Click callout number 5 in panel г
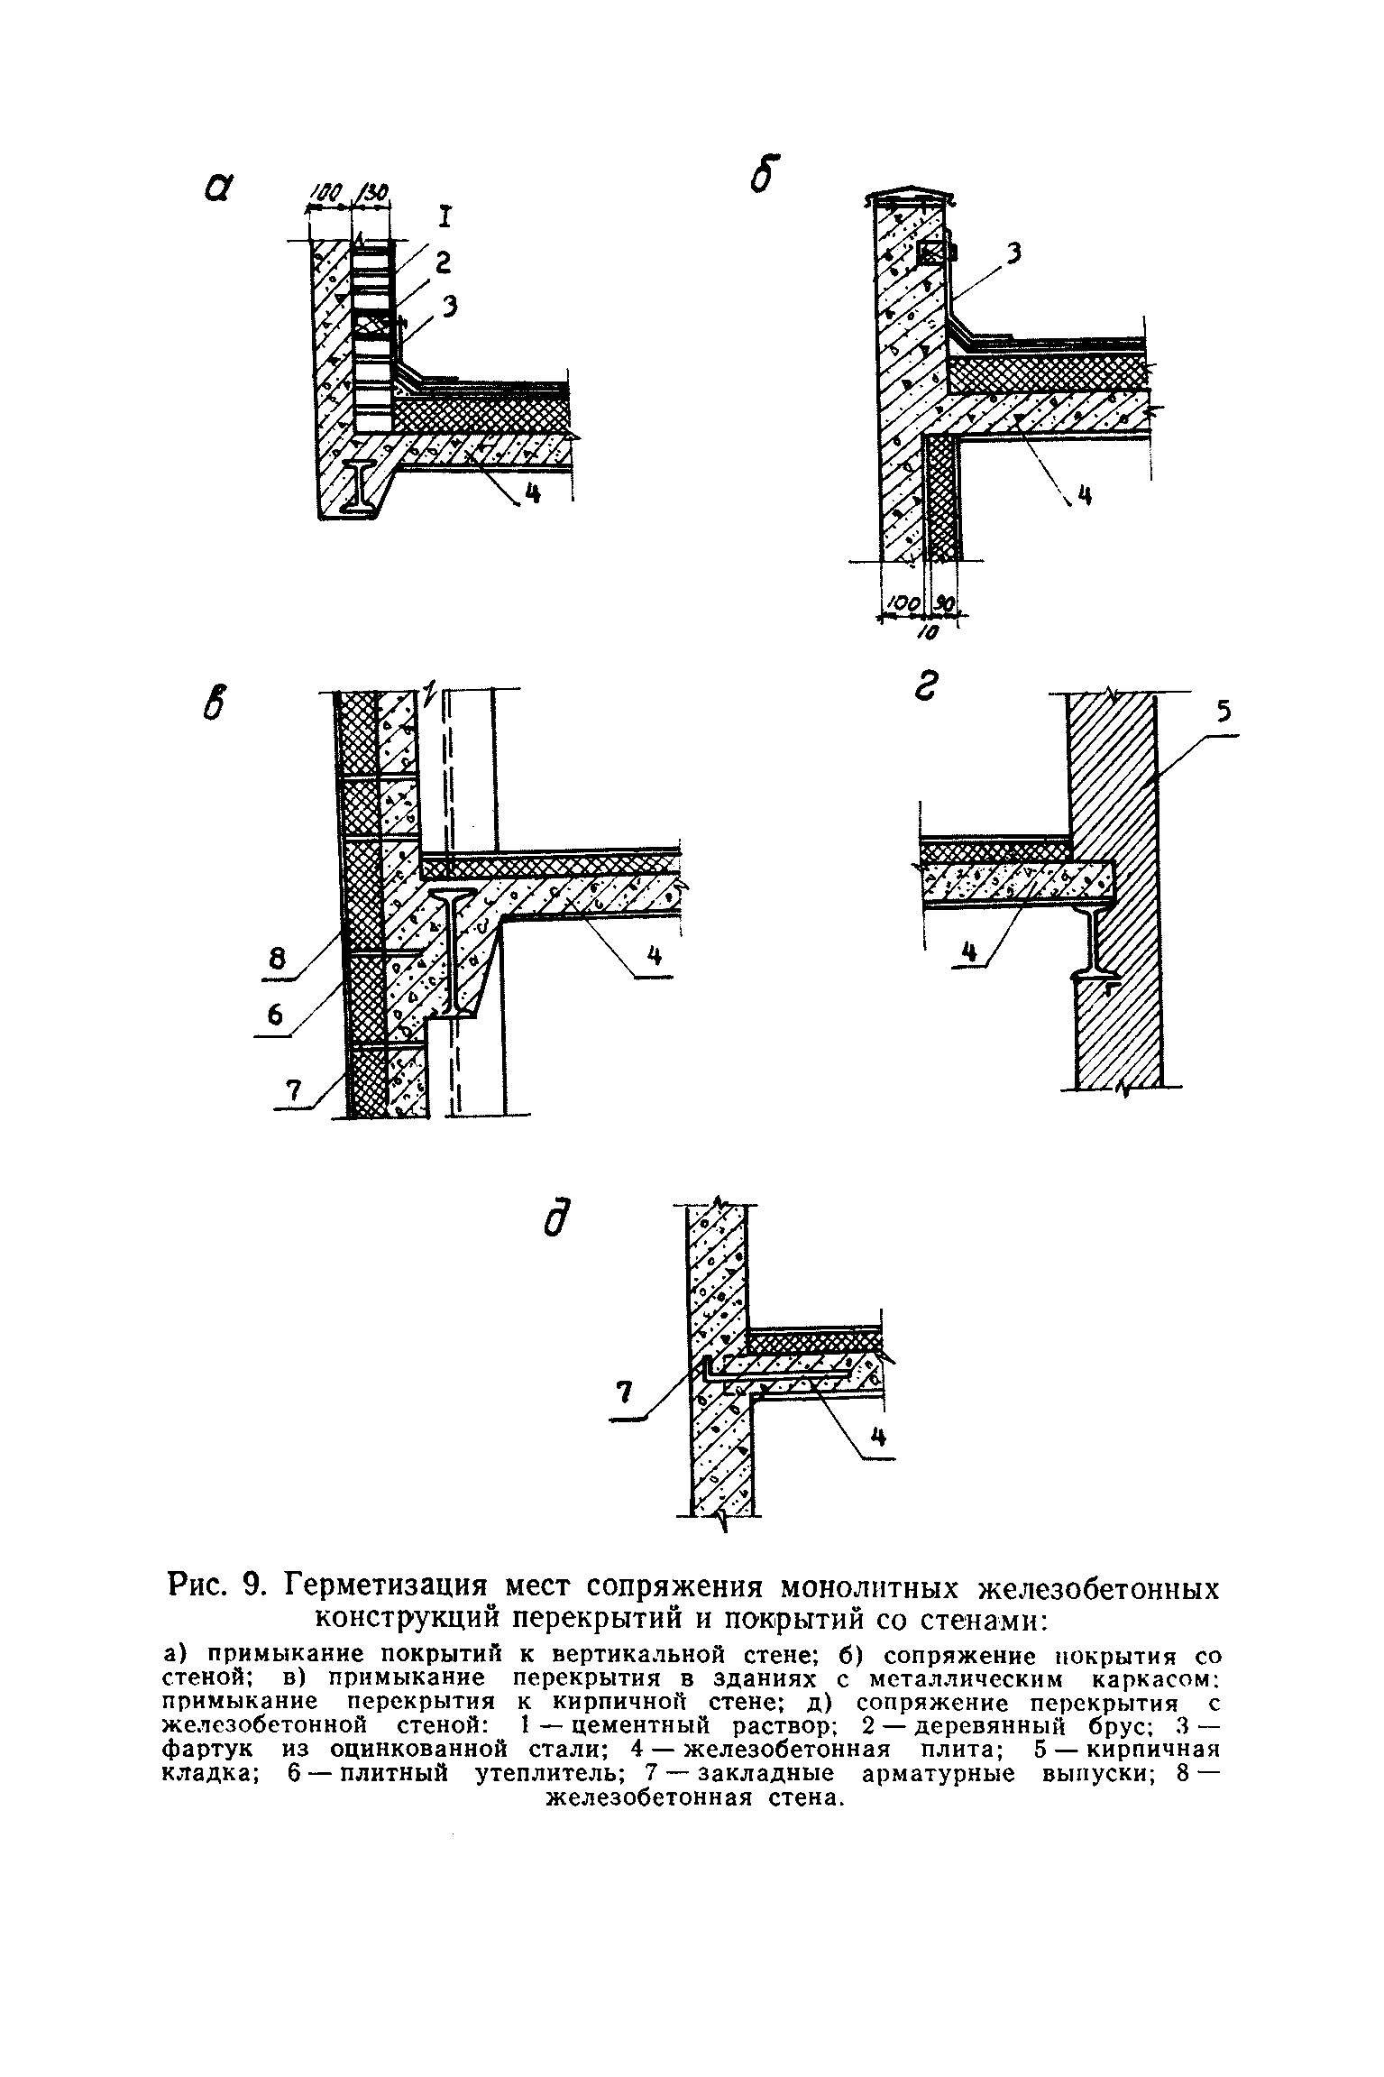pyautogui.click(x=1223, y=713)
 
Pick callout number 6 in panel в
pyautogui.click(x=275, y=1016)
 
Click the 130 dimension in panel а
pyautogui.click(x=372, y=192)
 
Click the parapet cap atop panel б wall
pyautogui.click(x=909, y=198)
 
